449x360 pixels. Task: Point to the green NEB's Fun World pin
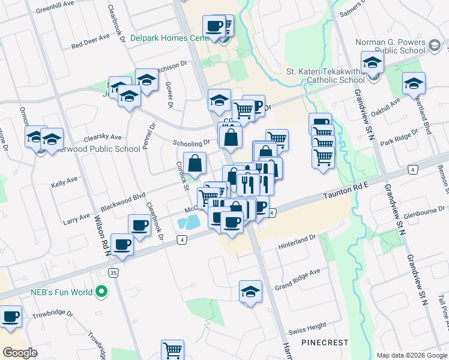101,293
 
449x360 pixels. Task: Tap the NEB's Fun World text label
62,293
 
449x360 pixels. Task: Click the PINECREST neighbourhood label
325,343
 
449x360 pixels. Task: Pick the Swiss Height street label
307,329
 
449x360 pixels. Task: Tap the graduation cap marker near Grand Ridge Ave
250,292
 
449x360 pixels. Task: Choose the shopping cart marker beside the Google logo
172,350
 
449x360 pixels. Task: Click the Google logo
20,353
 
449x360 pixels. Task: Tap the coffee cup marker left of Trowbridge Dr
10,316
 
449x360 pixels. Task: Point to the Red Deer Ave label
91,41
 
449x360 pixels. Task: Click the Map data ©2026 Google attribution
412,355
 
